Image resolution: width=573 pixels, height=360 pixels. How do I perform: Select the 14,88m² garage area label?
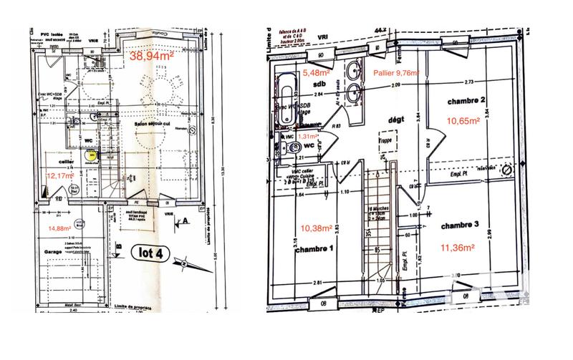pyautogui.click(x=62, y=228)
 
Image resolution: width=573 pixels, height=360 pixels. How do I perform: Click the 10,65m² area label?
pyautogui.click(x=463, y=120)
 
